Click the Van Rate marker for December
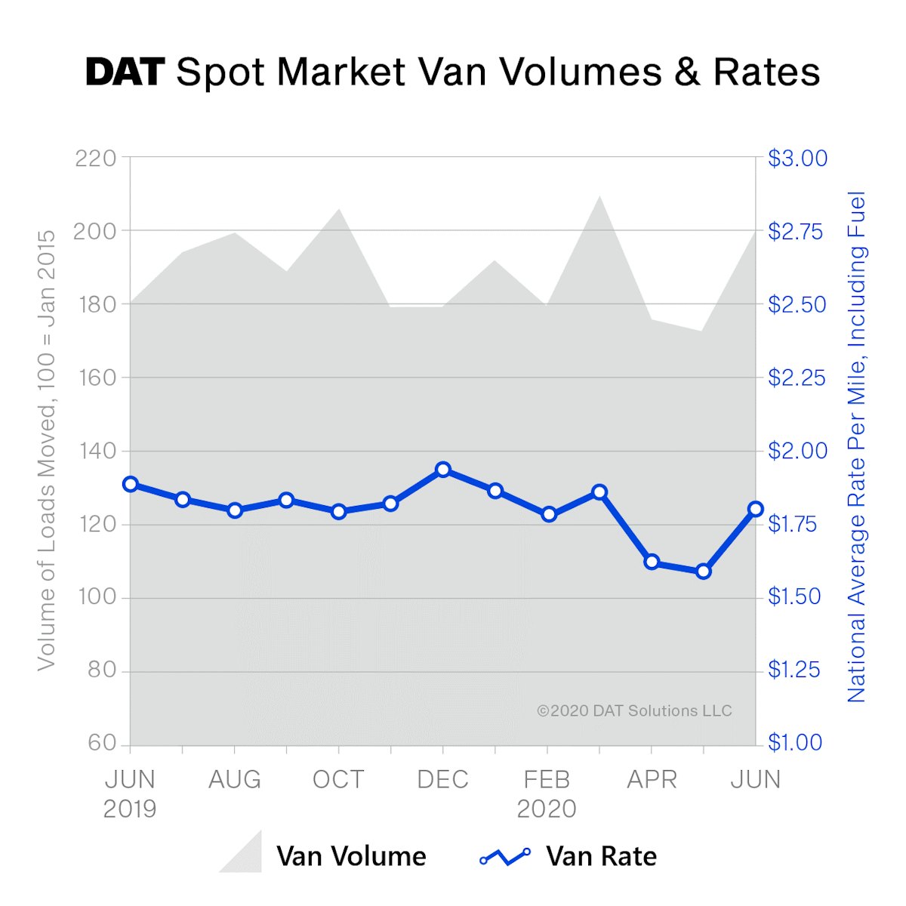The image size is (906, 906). tap(443, 470)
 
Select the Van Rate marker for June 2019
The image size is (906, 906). tap(131, 484)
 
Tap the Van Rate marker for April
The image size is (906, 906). tap(652, 562)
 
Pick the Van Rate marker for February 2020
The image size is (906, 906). tap(549, 515)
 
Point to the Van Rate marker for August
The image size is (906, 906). tap(235, 510)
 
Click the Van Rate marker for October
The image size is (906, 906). tap(338, 512)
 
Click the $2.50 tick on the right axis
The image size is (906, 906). tap(797, 304)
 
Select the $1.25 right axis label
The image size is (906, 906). tap(794, 670)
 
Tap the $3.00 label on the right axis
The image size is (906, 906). tap(797, 159)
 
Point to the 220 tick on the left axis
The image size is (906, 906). tap(96, 159)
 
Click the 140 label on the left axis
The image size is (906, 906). tap(98, 451)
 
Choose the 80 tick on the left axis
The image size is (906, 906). tap(102, 670)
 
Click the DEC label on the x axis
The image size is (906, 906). tap(443, 779)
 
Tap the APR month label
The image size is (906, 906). tap(652, 779)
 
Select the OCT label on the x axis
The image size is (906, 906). tap(338, 779)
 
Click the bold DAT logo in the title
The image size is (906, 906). tap(125, 72)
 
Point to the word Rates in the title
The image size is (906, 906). tap(766, 72)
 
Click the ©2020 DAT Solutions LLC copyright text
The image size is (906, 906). tap(634, 710)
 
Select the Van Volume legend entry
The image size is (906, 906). tap(323, 855)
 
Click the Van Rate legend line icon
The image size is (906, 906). tap(505, 856)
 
